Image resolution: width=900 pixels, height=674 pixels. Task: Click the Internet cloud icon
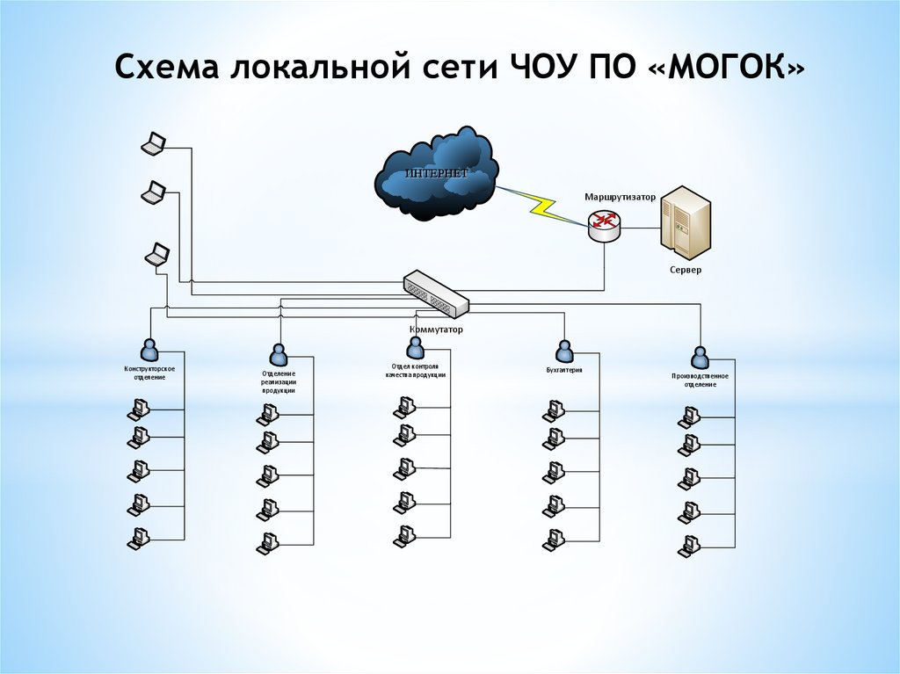click(x=436, y=174)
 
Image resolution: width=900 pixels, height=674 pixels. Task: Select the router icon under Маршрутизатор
click(x=605, y=223)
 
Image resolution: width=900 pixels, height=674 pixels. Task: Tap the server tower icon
click(x=684, y=219)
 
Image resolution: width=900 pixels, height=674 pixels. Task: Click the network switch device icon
click(x=437, y=292)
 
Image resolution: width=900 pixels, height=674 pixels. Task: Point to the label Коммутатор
click(x=436, y=330)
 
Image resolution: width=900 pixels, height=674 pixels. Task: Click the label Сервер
click(x=686, y=270)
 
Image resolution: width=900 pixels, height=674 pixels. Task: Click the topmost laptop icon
click(x=154, y=143)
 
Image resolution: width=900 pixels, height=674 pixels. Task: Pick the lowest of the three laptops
click(x=157, y=254)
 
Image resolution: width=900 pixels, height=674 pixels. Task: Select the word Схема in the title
click(x=167, y=69)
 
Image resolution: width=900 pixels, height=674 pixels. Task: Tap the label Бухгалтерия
click(x=564, y=370)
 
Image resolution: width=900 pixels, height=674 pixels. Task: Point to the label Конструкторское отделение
click(x=149, y=373)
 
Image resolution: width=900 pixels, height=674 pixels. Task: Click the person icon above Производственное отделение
click(x=700, y=357)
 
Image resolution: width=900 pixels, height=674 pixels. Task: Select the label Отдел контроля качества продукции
click(x=416, y=370)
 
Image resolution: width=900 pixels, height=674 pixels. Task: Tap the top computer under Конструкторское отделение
click(x=137, y=409)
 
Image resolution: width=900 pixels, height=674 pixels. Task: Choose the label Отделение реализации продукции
click(x=279, y=381)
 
